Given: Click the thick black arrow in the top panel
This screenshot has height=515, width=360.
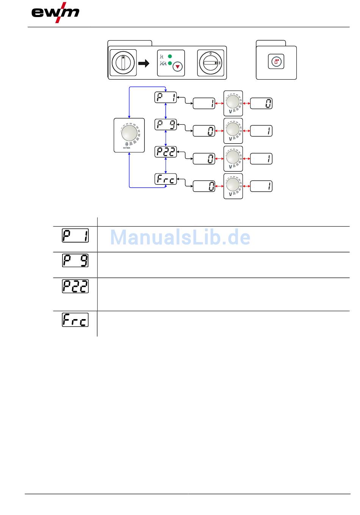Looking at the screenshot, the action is pos(144,64).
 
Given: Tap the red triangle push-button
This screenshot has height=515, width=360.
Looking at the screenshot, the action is pos(177,67).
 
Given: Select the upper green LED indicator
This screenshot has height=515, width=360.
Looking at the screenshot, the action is pos(170,56).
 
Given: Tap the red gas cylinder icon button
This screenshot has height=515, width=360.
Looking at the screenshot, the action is pos(276,62).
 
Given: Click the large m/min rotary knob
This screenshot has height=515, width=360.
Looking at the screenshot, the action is pos(129,133).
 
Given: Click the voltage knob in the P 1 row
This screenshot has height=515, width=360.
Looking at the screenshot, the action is pos(233,102).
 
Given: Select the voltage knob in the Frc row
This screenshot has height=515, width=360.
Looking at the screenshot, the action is pos(233,185).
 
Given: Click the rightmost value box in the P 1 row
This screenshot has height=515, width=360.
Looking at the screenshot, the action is pos(261,103).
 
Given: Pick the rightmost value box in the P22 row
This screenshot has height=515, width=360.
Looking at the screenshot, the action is pos(261,159).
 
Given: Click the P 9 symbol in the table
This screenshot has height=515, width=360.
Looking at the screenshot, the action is pos(75,260).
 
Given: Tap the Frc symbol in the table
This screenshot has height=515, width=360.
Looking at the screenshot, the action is pos(75,320).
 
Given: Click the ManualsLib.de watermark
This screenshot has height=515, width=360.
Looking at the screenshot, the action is pos(180,238).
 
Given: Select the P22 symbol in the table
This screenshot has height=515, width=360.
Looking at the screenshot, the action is pos(75,286).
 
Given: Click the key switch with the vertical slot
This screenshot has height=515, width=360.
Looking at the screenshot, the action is pos(123,62).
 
